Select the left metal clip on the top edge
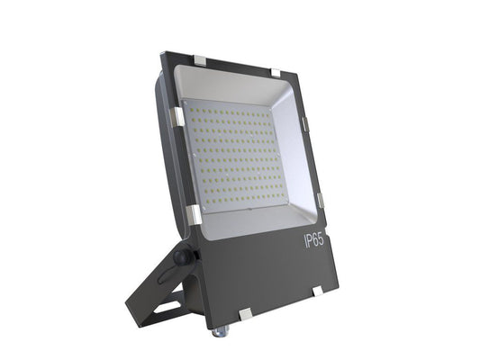click(x=200, y=61)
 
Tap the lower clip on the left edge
click(x=192, y=214)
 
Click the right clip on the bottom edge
click(x=317, y=290)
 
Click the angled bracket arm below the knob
click(x=155, y=289)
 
